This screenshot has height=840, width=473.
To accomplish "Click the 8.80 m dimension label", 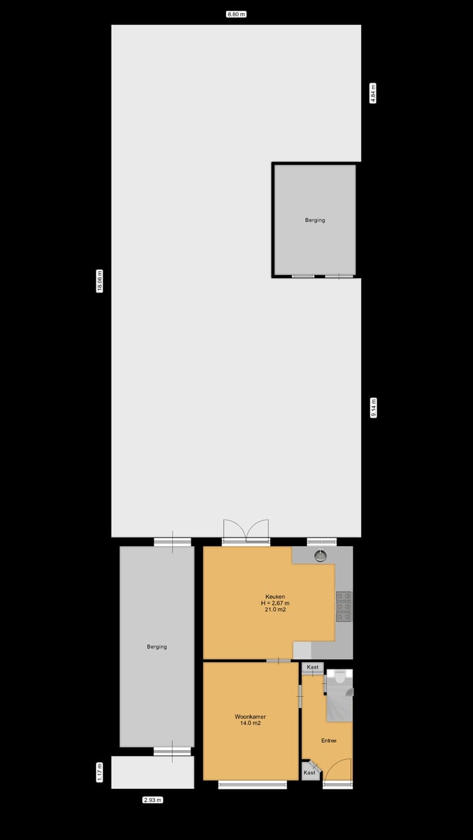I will pyautogui.click(x=236, y=14).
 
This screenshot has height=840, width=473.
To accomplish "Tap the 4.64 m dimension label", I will pyautogui.click(x=373, y=93).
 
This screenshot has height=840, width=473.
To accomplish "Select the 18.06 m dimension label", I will pyautogui.click(x=100, y=281).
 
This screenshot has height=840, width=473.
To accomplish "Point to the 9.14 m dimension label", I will pyautogui.click(x=373, y=408).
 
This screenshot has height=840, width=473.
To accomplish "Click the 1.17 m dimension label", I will pyautogui.click(x=100, y=772).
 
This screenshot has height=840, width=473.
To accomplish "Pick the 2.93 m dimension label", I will pyautogui.click(x=152, y=800).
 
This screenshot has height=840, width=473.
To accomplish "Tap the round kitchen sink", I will pyautogui.click(x=320, y=556).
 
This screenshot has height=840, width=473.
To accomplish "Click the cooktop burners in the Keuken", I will pyautogui.click(x=343, y=606).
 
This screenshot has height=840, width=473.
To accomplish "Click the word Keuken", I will pyautogui.click(x=275, y=597).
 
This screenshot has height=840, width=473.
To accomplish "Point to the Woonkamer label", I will pyautogui.click(x=250, y=717).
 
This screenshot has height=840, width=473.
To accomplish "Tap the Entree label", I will pyautogui.click(x=328, y=740).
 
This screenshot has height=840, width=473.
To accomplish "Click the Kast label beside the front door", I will pyautogui.click(x=309, y=772).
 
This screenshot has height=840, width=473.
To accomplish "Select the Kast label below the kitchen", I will pyautogui.click(x=313, y=667).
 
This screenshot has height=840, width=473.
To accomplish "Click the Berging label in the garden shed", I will pyautogui.click(x=315, y=220).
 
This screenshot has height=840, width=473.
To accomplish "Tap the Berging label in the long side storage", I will pyautogui.click(x=157, y=646).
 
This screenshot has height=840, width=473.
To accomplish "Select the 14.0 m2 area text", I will pyautogui.click(x=250, y=723).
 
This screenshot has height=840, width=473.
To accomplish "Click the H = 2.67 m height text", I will pyautogui.click(x=275, y=603).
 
